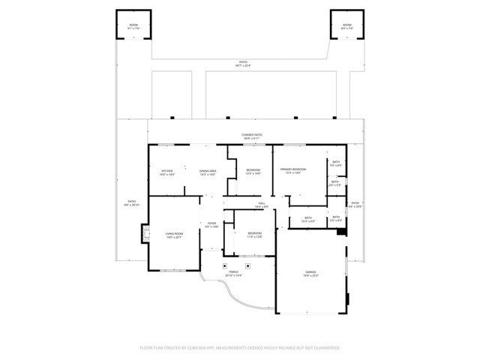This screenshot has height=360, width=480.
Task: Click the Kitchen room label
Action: (x=167, y=172)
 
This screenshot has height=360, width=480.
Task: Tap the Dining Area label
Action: (x=208, y=172)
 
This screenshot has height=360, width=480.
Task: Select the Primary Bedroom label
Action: (x=291, y=172)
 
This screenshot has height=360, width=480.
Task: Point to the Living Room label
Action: (x=174, y=235)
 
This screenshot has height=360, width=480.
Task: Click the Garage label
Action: (x=310, y=273)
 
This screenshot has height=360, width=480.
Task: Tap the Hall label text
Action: (x=262, y=204)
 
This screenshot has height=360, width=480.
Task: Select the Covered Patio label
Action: (x=251, y=136)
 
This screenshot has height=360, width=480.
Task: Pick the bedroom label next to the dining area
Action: (x=253, y=172)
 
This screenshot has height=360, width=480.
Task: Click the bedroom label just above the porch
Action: (x=255, y=235)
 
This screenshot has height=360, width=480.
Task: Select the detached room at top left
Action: (x=133, y=27)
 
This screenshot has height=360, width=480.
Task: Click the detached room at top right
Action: (x=346, y=27)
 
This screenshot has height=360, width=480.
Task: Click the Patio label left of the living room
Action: (x=131, y=203)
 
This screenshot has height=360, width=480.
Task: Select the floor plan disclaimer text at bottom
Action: (x=240, y=348)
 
